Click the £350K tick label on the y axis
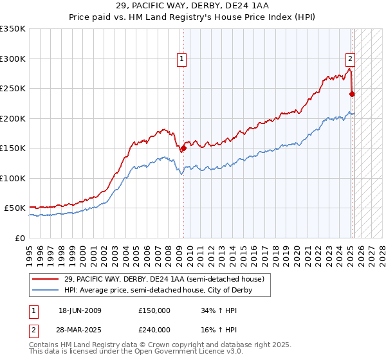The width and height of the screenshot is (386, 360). click(x=13, y=29)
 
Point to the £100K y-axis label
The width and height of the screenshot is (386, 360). click(x=13, y=178)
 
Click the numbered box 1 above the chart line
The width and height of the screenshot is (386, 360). click(x=183, y=59)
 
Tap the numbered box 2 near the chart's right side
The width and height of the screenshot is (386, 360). click(x=351, y=59)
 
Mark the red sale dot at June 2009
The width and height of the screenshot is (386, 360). click(x=183, y=148)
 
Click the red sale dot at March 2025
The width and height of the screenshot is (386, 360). click(x=352, y=94)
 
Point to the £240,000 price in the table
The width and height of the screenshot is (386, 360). click(x=154, y=329)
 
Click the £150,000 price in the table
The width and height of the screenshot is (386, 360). click(x=154, y=310)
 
